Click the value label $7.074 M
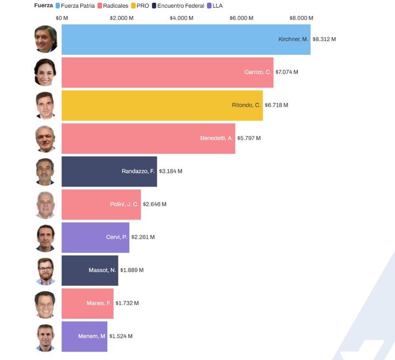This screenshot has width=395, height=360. [x=286, y=72]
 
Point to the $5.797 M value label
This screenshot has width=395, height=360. [x=249, y=138]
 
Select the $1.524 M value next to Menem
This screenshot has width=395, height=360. [x=121, y=336]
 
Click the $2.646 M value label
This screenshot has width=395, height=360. [x=154, y=204]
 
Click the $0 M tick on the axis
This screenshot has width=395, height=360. [x=62, y=18]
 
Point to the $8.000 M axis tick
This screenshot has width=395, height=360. [x=301, y=18]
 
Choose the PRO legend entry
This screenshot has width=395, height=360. [x=139, y=5]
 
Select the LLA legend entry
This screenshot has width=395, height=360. [x=215, y=5]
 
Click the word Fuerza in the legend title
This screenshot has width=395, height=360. [x=44, y=5]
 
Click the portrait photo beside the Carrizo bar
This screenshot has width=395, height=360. [x=46, y=72]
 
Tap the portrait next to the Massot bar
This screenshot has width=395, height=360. [x=46, y=271]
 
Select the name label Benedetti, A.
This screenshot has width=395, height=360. [x=217, y=138]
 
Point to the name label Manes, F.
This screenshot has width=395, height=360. [x=99, y=303]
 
